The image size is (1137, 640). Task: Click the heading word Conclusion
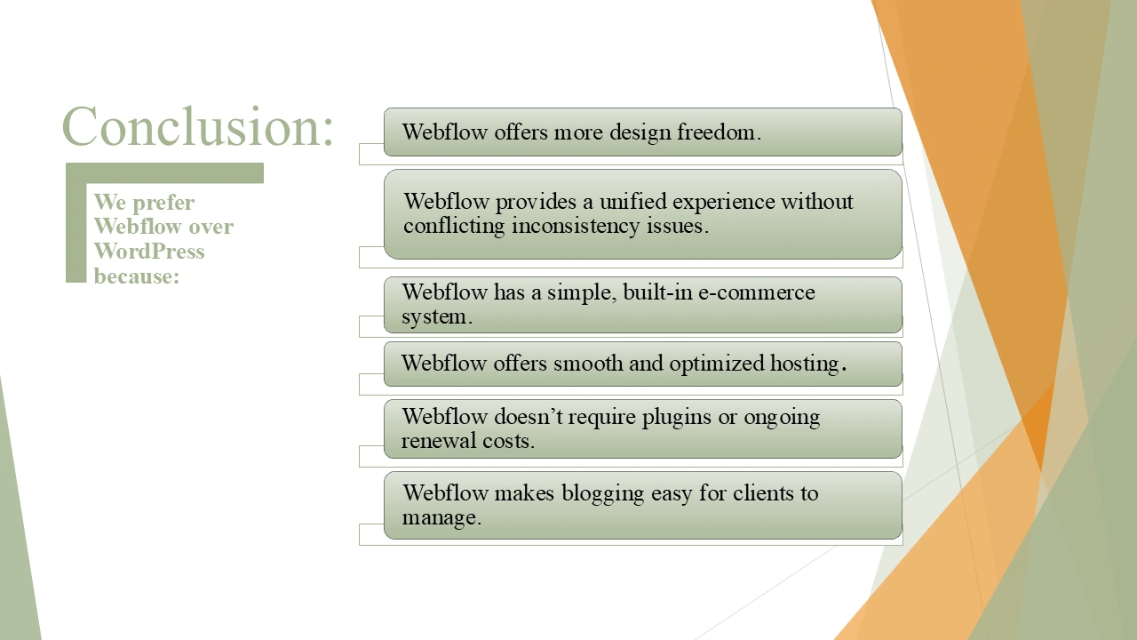tap(197, 126)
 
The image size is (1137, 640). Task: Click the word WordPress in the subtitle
tap(149, 251)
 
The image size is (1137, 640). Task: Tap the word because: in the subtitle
tap(137, 276)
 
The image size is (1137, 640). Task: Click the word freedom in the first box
tap(719, 132)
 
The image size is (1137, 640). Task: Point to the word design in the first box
tap(639, 133)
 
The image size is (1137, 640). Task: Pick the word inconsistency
tap(576, 226)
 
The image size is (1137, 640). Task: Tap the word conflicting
tap(454, 226)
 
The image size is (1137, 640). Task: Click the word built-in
tap(657, 292)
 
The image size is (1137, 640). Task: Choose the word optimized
tap(716, 364)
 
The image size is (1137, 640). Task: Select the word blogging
tap(602, 493)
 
